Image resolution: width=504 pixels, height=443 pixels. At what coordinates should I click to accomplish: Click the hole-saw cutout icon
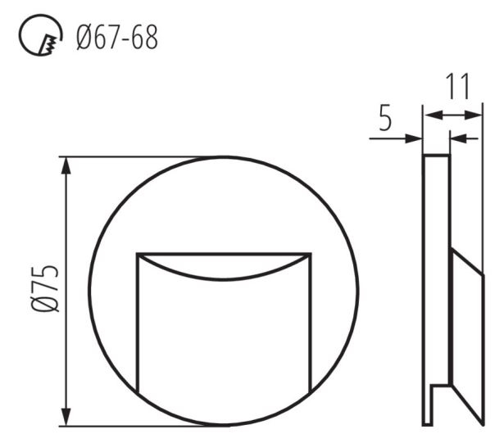tap(40, 35)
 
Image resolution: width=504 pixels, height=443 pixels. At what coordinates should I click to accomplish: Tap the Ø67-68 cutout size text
tap(117, 38)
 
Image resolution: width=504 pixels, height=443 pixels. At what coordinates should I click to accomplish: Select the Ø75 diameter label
tap(45, 288)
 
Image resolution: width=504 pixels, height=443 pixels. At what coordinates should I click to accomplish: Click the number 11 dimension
tap(458, 86)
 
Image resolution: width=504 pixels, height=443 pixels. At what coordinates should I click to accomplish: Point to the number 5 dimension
tap(385, 117)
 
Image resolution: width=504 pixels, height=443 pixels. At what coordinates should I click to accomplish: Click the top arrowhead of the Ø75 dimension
tap(66, 166)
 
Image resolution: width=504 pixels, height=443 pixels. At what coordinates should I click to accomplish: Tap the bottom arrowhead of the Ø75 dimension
tap(66, 416)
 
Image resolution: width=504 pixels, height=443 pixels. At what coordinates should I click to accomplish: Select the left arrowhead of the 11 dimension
tap(434, 115)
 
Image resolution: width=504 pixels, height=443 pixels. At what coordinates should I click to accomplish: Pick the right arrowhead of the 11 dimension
tap(473, 115)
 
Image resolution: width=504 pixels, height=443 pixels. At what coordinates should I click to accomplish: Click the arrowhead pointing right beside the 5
tap(414, 138)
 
